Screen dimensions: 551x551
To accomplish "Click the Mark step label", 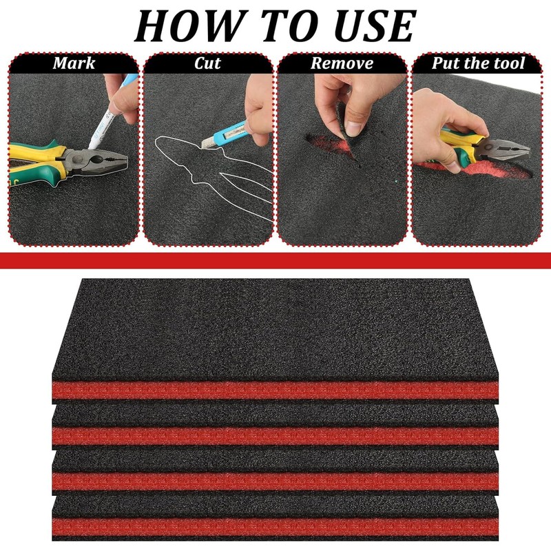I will click(x=74, y=64).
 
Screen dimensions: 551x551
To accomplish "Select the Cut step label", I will click(x=207, y=64).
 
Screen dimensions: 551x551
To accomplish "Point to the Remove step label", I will click(x=342, y=64).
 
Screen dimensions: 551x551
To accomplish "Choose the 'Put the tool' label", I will click(x=478, y=64).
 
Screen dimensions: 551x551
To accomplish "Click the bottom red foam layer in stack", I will click(x=275, y=527).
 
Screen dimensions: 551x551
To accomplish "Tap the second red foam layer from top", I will click(x=275, y=435).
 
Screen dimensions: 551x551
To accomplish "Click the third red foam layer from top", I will click(x=275, y=481).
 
